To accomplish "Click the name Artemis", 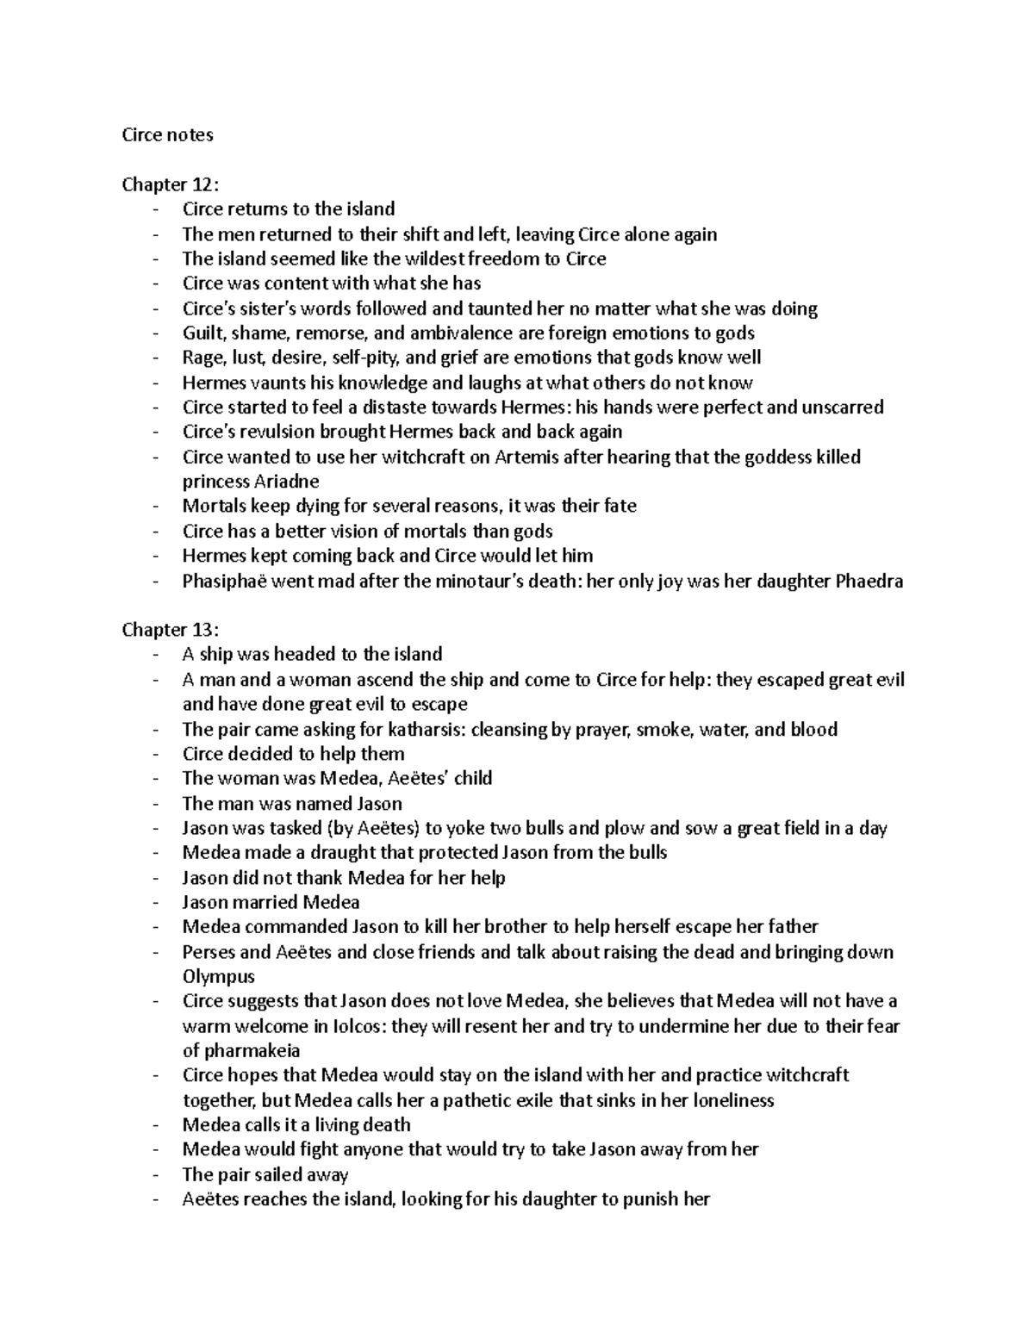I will [x=526, y=457].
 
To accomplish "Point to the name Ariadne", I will [x=286, y=482].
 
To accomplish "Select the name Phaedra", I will [x=869, y=581].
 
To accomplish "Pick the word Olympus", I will [x=219, y=977].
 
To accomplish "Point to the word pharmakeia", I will [x=251, y=1051].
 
